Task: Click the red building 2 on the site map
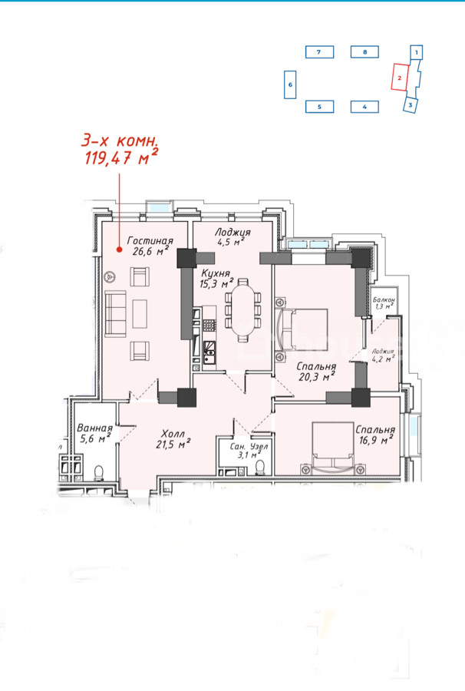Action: coord(399,78)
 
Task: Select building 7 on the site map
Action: coord(319,52)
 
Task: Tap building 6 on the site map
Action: coord(290,84)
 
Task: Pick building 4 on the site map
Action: coord(364,107)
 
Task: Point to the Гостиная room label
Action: coord(150,240)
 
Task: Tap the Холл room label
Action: coord(173,433)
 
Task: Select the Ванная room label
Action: coord(94,428)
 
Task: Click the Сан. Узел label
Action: coord(249,446)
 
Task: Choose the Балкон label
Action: coord(384,299)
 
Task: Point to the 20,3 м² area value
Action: coord(315,377)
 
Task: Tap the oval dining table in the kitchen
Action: coord(242,310)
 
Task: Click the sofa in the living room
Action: coord(115,313)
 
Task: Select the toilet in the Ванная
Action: coord(99,473)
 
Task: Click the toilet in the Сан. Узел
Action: coord(261,468)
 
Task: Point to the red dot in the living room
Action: coord(119,250)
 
